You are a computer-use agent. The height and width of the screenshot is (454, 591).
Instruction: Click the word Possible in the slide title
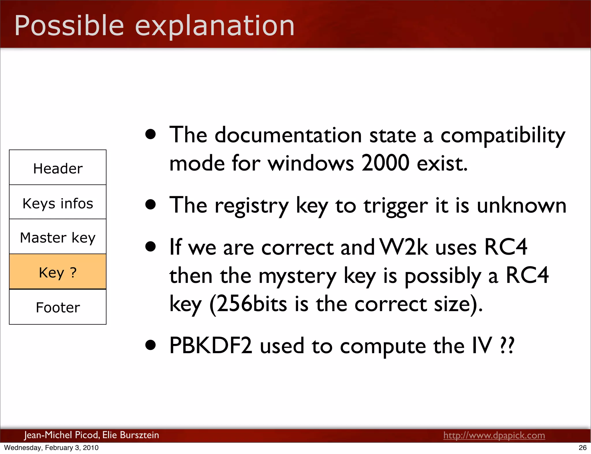click(69, 26)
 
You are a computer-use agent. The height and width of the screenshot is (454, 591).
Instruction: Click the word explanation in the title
click(215, 26)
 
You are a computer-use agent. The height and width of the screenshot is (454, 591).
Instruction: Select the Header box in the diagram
click(58, 168)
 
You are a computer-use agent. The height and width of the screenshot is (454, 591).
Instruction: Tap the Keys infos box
click(58, 202)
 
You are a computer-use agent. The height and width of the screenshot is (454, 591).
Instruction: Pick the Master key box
click(58, 237)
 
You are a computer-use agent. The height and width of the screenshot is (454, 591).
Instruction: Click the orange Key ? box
click(58, 272)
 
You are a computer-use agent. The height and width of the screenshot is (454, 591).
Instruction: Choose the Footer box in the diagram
click(58, 307)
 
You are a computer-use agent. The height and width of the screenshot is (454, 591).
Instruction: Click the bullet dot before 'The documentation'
click(151, 134)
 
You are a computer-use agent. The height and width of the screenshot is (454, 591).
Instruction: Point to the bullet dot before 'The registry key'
click(151, 204)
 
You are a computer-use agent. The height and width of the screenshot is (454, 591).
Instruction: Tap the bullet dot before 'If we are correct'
click(151, 246)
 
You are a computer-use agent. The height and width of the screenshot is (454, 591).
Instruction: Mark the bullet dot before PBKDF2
click(151, 345)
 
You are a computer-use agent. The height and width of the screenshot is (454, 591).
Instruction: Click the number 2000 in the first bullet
click(385, 163)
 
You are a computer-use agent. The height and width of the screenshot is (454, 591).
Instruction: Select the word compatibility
click(502, 135)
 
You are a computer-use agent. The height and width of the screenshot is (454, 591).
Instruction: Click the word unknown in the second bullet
click(521, 206)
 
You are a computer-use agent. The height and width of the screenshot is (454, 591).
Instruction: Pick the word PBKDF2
click(211, 346)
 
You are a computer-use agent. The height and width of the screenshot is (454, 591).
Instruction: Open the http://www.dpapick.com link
click(494, 435)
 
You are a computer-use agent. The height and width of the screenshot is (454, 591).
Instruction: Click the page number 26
click(583, 448)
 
